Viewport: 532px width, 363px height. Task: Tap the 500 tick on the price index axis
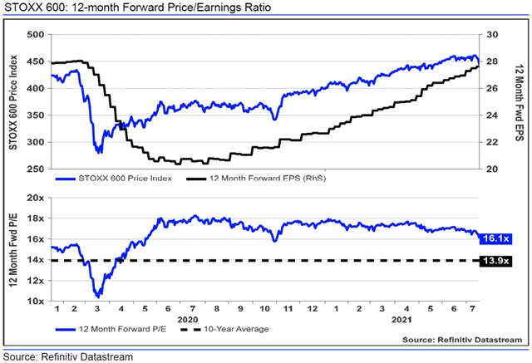(36, 35)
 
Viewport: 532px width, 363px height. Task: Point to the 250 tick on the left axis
(36, 169)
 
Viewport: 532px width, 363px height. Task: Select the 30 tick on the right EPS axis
(492, 35)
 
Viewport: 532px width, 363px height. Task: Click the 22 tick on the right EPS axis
(492, 143)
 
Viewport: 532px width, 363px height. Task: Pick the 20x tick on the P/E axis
(34, 199)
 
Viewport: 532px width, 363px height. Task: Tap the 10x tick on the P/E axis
(34, 302)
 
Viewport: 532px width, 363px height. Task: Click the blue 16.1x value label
(496, 238)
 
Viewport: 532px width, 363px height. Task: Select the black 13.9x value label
(496, 262)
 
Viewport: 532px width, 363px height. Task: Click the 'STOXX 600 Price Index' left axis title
(14, 102)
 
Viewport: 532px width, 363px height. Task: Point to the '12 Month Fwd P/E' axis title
(14, 249)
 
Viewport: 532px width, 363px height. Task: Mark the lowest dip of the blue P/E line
(99, 295)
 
